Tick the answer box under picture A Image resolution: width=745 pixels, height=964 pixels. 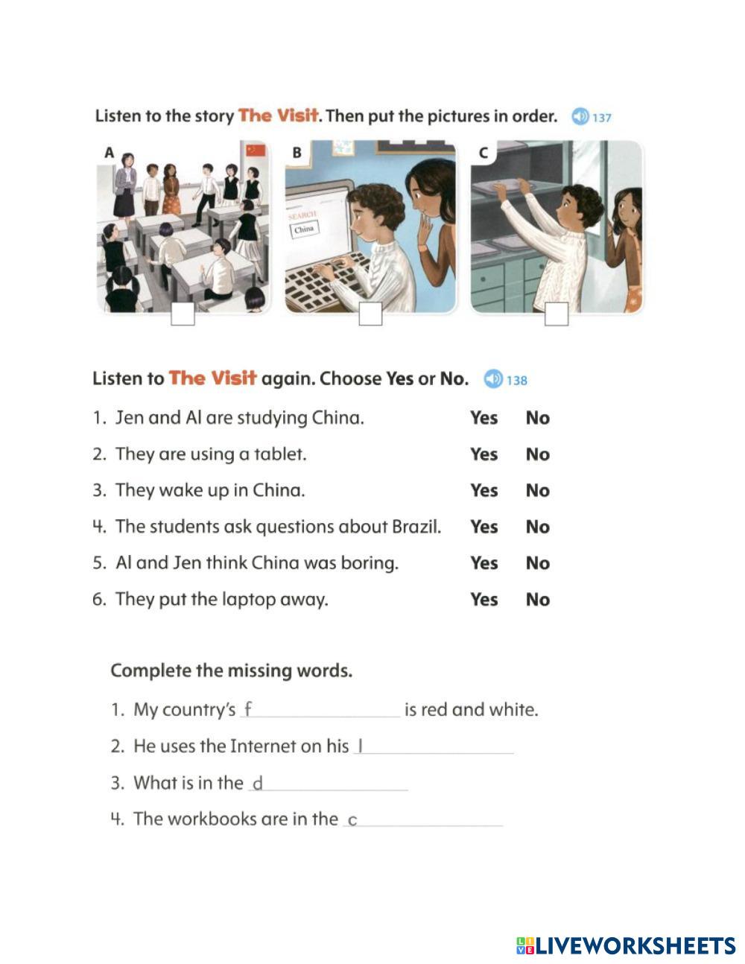183,314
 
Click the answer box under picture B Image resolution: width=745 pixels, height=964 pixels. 370,314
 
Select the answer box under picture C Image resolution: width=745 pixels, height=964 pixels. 557,314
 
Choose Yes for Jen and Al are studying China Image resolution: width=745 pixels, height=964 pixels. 484,418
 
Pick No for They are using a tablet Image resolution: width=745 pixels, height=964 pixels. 537,454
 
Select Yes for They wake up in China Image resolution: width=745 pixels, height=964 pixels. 484,491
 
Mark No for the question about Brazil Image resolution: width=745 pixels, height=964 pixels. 537,527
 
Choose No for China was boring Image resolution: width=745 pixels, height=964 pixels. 537,563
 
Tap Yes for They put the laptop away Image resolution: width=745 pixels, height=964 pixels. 484,600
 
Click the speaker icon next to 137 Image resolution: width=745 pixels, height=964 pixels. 580,117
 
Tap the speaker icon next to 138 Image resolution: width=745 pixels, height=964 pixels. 493,379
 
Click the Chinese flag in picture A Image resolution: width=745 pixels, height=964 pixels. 256,150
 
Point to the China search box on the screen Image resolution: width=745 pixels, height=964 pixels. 304,229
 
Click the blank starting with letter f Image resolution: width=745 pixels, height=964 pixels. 320,710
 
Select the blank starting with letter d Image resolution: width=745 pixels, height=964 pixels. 329,784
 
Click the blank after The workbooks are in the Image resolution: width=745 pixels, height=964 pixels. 423,819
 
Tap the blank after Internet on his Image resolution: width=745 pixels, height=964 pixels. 434,746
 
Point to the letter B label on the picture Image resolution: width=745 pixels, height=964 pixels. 297,153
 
